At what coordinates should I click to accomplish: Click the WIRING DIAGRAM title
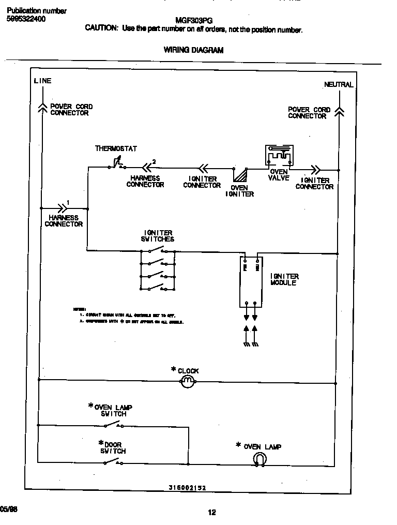click(x=193, y=50)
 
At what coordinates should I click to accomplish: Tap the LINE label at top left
click(x=42, y=81)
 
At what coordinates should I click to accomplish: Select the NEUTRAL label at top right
click(x=339, y=84)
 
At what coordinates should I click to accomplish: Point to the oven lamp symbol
click(x=259, y=459)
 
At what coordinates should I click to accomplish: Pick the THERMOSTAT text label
click(x=116, y=149)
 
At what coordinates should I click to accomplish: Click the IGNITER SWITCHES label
click(x=158, y=236)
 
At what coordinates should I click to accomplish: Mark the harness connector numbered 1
click(x=62, y=208)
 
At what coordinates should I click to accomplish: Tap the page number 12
click(x=212, y=513)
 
